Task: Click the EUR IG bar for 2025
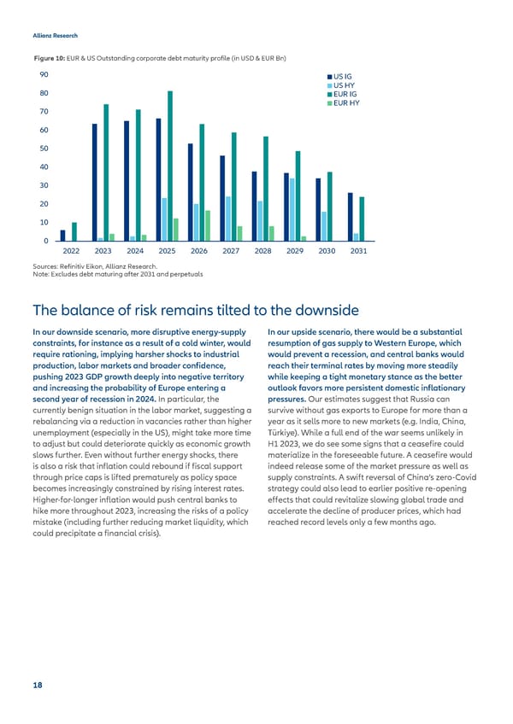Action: coord(170,166)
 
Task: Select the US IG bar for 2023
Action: coord(95,182)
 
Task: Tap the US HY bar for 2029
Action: coord(292,209)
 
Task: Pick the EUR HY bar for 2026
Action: coord(208,225)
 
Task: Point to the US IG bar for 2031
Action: coord(350,217)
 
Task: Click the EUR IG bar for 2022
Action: coord(74,231)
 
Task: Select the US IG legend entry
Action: coord(343,76)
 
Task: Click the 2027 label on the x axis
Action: coord(231,252)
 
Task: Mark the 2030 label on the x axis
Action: coord(327,252)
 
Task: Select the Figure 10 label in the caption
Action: coord(50,56)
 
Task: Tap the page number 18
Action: coord(38,686)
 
